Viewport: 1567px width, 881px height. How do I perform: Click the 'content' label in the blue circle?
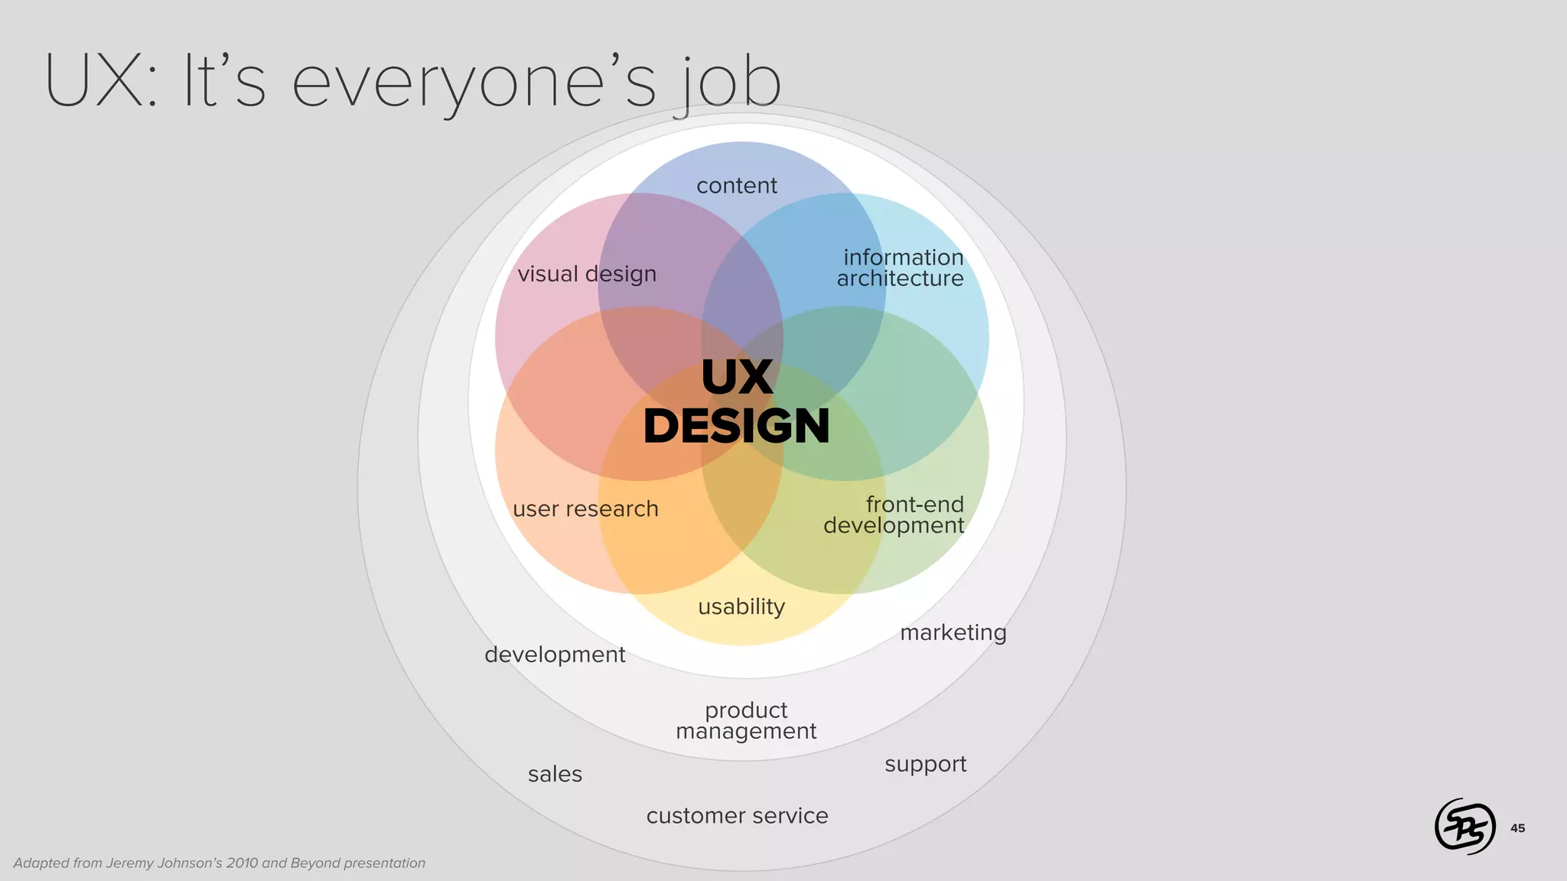pos(736,186)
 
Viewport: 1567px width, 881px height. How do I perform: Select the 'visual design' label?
pos(587,274)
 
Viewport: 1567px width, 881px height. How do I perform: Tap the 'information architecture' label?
pos(901,268)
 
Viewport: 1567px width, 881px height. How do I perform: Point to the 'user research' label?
pos(585,509)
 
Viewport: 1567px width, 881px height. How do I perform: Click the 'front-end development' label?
pos(894,515)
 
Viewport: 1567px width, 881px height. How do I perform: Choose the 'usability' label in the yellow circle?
pos(741,606)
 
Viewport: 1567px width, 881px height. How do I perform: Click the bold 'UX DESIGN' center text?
pos(737,401)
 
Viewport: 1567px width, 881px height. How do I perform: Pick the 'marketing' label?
pos(953,632)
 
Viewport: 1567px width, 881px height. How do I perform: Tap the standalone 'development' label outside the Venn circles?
pos(555,655)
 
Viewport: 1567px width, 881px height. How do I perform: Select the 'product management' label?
pos(746,720)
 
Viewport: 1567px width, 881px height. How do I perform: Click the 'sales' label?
pos(555,774)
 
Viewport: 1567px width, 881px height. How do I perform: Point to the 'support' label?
pos(925,764)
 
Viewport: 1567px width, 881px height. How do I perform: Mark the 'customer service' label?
pos(737,816)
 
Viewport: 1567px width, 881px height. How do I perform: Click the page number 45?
pos(1517,828)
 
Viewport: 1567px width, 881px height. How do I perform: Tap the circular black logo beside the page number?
pos(1464,826)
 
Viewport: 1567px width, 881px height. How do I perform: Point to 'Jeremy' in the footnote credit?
pos(129,863)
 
